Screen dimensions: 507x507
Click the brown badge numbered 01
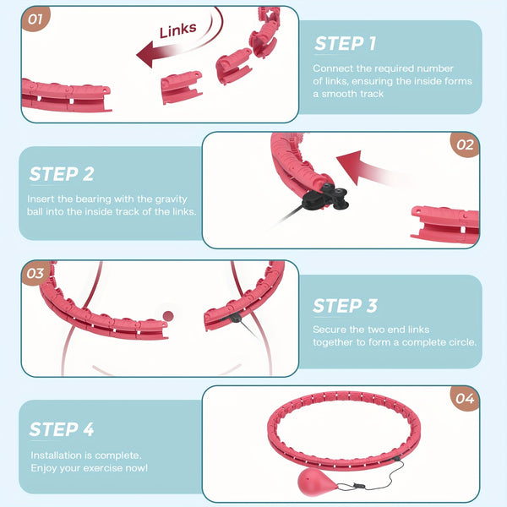(35, 19)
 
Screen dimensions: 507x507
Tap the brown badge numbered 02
(465, 144)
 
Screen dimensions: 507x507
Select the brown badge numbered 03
(35, 273)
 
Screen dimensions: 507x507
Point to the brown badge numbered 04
(465, 399)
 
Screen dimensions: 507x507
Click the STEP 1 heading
(345, 44)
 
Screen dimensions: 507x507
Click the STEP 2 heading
(62, 174)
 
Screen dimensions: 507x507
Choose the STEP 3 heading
(345, 306)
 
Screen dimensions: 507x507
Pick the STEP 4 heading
(62, 429)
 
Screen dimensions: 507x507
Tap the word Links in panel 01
(178, 30)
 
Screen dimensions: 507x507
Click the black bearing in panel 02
(325, 196)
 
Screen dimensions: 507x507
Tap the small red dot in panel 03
(168, 316)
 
